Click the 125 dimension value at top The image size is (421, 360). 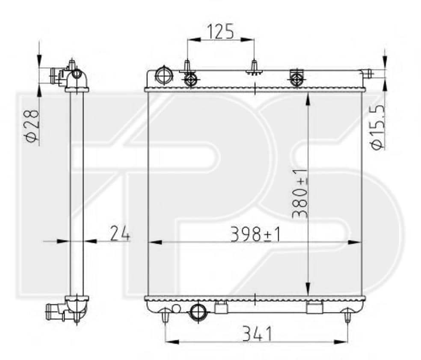tap(221, 32)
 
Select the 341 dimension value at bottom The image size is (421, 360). tap(257, 333)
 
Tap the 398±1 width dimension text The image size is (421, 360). tap(255, 234)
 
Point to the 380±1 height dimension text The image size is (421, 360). tap(300, 193)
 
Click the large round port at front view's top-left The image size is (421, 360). tap(164, 76)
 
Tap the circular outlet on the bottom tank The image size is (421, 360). tap(199, 312)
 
